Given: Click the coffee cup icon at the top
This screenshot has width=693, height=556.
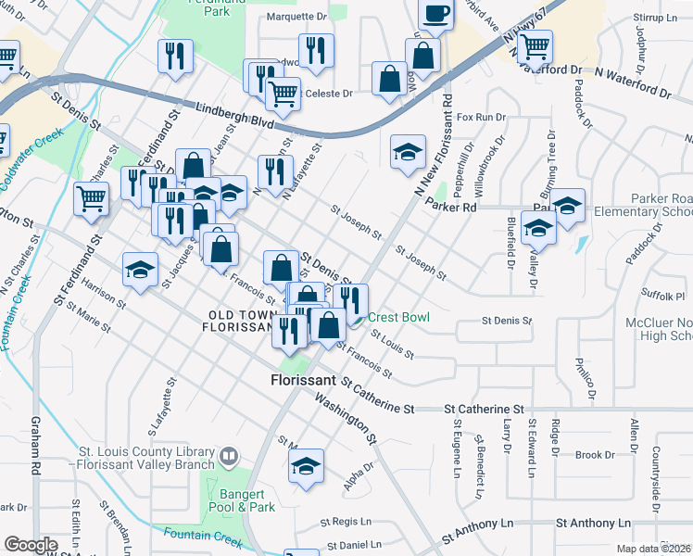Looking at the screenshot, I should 435,13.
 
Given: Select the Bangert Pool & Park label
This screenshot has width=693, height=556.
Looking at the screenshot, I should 242,500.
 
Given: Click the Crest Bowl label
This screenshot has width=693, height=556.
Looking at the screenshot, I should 399,317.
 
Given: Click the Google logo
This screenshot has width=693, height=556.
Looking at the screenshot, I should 31,545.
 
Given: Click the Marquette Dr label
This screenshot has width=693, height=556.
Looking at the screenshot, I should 297,17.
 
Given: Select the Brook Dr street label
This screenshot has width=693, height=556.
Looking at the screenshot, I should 588,455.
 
